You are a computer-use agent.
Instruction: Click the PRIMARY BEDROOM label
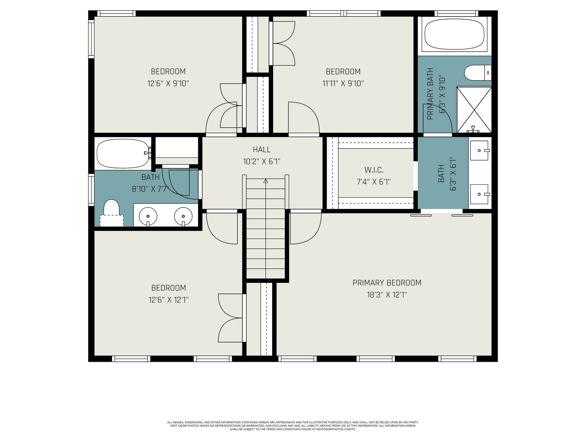(x=387, y=283)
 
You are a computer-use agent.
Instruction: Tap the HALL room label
(x=262, y=150)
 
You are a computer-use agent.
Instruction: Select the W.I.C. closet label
(x=374, y=170)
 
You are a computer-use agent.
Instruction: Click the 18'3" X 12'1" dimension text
(x=387, y=295)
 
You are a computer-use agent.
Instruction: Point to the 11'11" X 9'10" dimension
(x=343, y=83)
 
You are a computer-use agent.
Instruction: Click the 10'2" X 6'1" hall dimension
(x=262, y=162)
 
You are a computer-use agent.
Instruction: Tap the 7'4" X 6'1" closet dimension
(x=374, y=182)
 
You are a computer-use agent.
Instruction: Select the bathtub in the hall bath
(x=123, y=154)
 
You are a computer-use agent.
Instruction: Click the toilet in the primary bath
(x=478, y=72)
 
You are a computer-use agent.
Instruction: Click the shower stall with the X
(x=474, y=109)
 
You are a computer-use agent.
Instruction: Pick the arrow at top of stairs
(x=266, y=181)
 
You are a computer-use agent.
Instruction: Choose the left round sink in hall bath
(x=148, y=216)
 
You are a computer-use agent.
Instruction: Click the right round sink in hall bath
(x=183, y=216)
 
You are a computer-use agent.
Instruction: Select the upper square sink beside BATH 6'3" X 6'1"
(x=479, y=151)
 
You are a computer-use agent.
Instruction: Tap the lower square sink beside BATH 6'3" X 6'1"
(x=479, y=194)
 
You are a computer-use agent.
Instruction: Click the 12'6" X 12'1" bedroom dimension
(x=168, y=300)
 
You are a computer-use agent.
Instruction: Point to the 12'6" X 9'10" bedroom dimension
(x=168, y=83)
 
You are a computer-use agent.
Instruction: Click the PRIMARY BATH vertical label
(x=430, y=94)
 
